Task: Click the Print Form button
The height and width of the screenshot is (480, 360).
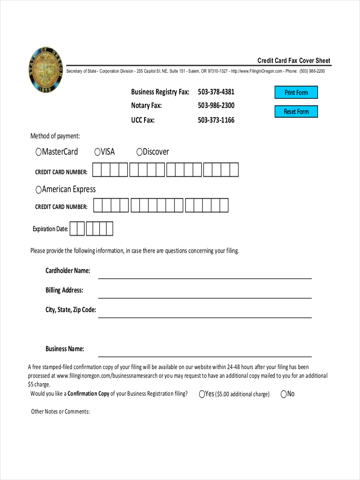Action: (x=296, y=92)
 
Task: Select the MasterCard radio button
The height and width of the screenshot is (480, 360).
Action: (x=38, y=152)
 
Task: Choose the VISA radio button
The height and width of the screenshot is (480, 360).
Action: (x=97, y=152)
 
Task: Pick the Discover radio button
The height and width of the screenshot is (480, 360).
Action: (x=140, y=152)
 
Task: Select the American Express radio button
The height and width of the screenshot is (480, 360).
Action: (x=38, y=190)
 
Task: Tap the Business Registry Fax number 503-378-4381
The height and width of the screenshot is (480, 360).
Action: (x=216, y=92)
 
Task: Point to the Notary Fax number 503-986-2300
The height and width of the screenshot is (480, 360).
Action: (x=216, y=106)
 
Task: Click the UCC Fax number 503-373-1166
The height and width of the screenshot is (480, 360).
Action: (x=216, y=120)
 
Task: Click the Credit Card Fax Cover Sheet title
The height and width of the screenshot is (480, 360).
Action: (x=294, y=61)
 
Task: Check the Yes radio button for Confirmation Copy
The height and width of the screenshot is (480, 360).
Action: (x=202, y=394)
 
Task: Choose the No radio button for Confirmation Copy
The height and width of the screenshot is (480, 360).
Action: (x=284, y=394)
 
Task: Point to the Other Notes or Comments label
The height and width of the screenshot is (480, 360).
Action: (x=60, y=412)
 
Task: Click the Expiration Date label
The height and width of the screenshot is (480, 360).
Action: (x=50, y=229)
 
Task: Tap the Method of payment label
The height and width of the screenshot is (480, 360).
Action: (x=55, y=136)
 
